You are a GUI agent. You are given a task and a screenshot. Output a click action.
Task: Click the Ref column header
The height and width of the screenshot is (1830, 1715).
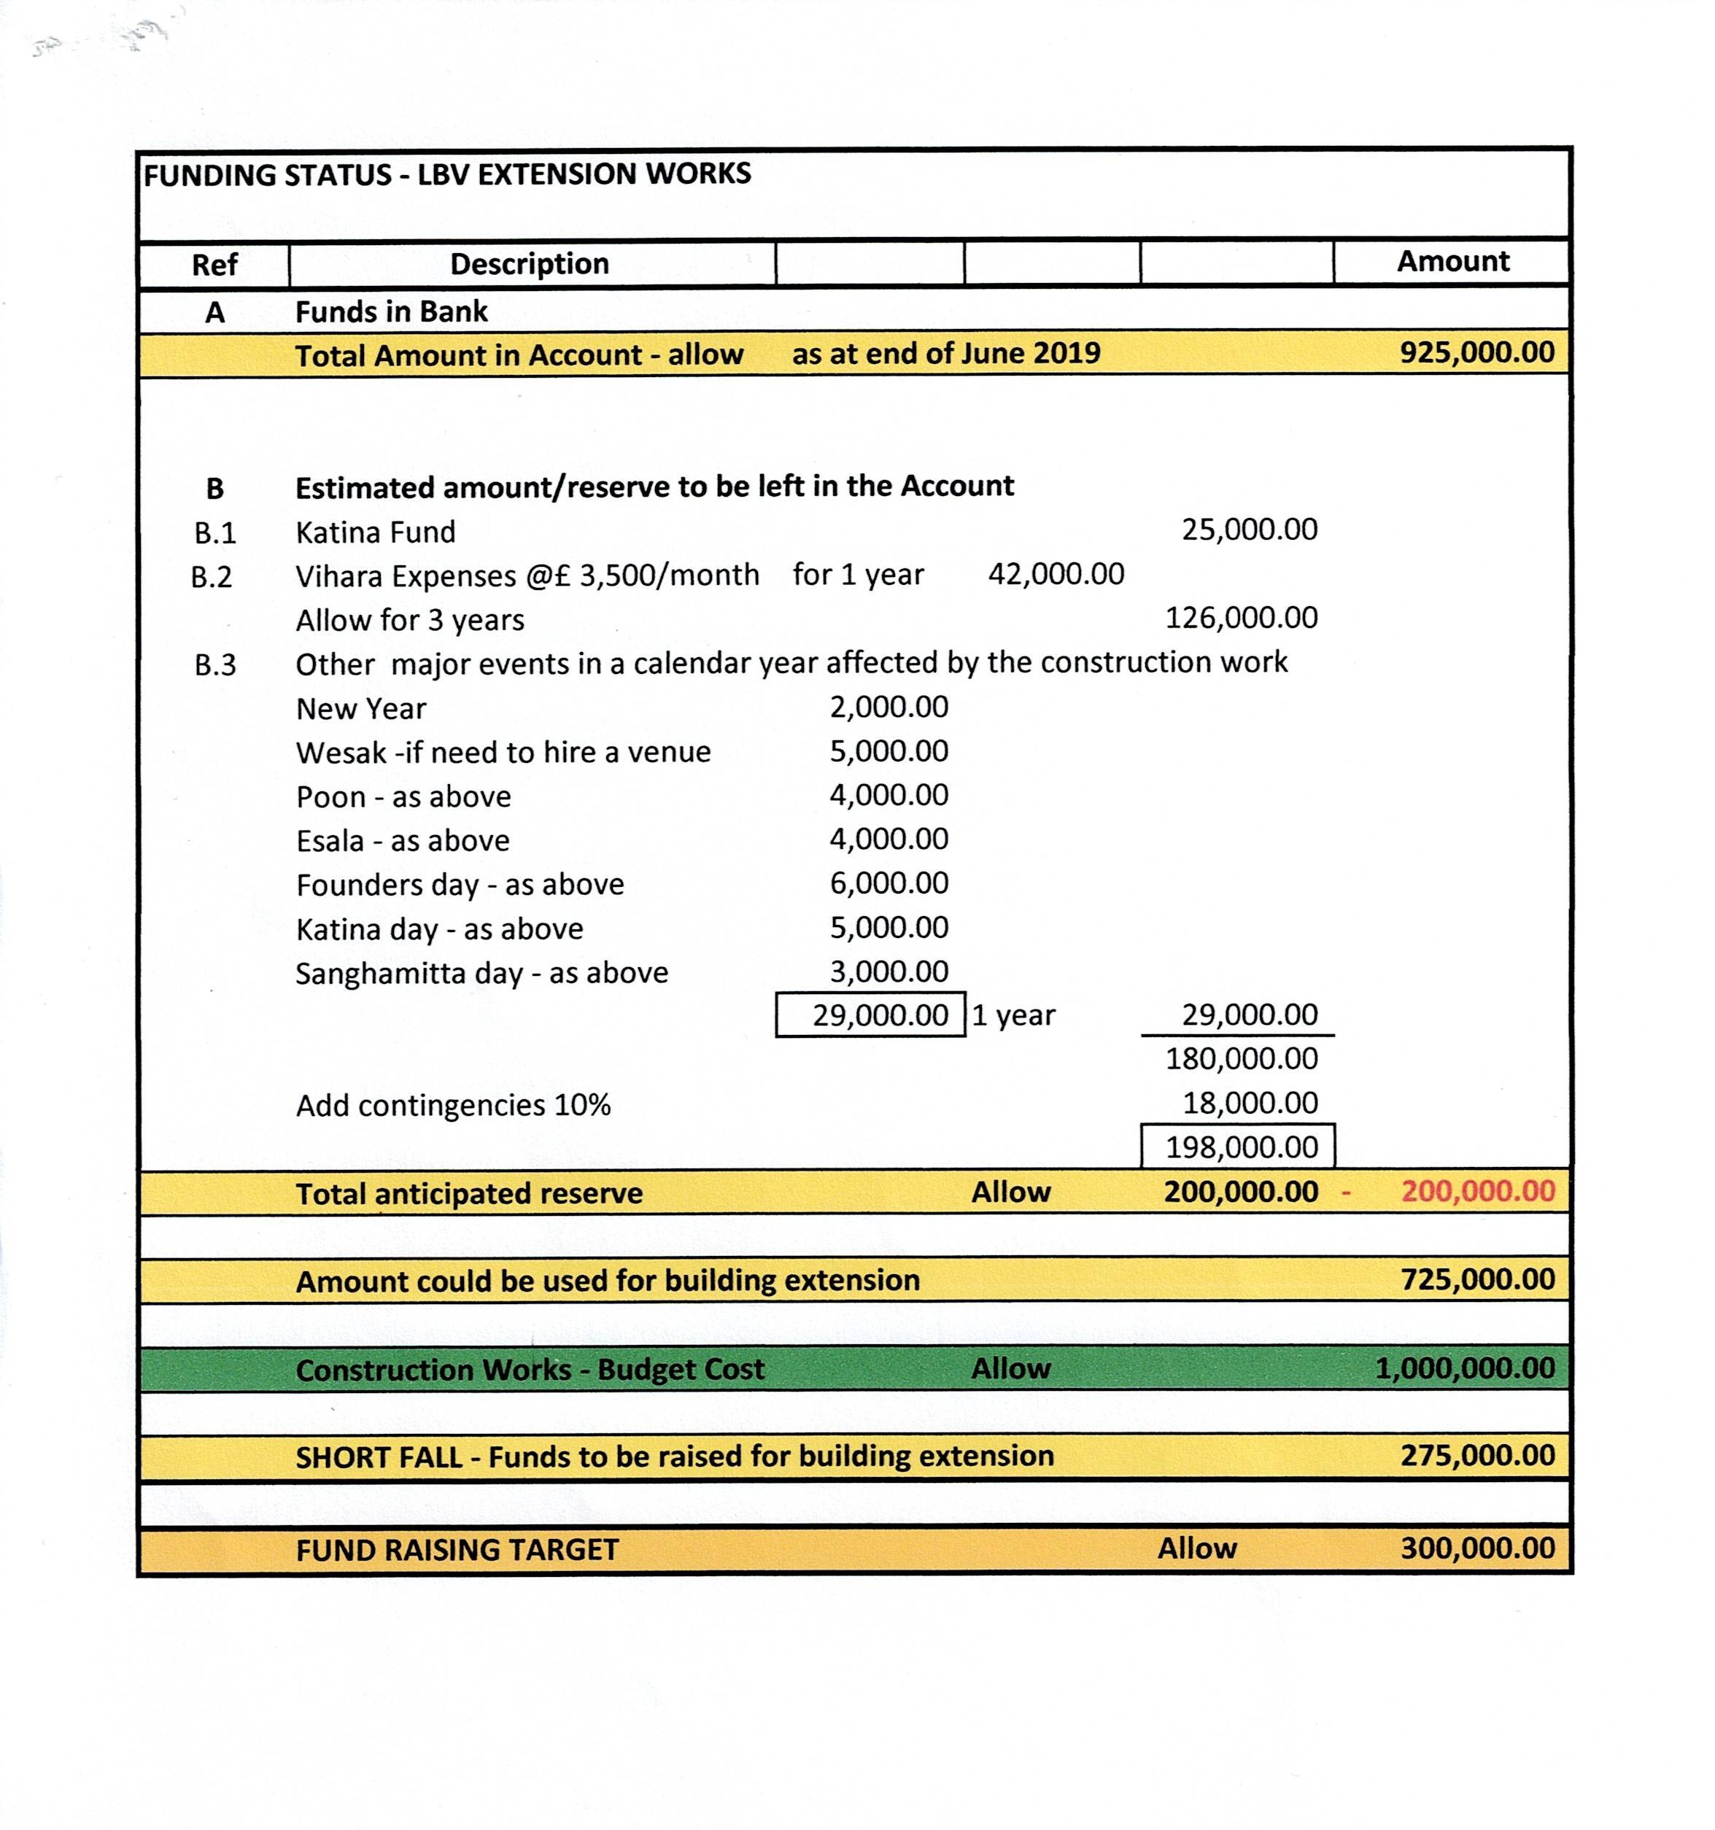[x=214, y=265]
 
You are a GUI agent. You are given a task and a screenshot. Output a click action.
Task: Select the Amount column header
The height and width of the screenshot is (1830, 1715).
[x=1452, y=261]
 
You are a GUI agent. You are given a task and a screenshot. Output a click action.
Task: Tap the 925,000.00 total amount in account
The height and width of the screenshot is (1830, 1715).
[x=1476, y=352]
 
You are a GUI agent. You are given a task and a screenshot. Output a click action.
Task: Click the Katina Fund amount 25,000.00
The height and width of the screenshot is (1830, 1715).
[x=1249, y=530]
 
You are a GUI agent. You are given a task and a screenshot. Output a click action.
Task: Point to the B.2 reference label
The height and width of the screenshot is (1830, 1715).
[x=212, y=577]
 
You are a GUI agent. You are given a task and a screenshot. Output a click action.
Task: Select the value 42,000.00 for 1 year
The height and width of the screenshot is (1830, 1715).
[x=1056, y=575]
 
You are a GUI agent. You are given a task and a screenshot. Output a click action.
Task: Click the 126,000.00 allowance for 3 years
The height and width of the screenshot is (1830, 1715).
[x=1241, y=618]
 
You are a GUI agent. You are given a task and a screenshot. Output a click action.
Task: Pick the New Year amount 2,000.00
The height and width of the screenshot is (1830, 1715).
[x=889, y=707]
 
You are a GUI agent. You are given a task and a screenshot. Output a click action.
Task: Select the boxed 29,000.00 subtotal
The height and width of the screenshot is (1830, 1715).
[x=879, y=1015]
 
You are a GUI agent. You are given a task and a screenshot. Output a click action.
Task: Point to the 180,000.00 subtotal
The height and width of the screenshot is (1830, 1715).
[x=1241, y=1058]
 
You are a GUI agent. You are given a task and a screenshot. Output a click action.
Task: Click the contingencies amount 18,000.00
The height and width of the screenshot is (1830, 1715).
[x=1249, y=1103]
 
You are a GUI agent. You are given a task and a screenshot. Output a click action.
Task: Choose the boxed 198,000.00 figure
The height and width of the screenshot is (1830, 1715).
[x=1241, y=1147]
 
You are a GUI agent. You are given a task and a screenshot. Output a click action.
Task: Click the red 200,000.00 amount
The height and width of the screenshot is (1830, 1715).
[x=1477, y=1191]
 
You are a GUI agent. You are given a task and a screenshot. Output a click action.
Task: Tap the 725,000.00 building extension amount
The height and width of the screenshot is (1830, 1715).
[x=1477, y=1279]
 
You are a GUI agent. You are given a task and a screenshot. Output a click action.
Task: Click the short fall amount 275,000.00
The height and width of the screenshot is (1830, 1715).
[x=1477, y=1455]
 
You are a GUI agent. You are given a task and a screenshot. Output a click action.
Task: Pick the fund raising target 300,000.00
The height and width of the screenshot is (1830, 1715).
[x=1477, y=1548]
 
